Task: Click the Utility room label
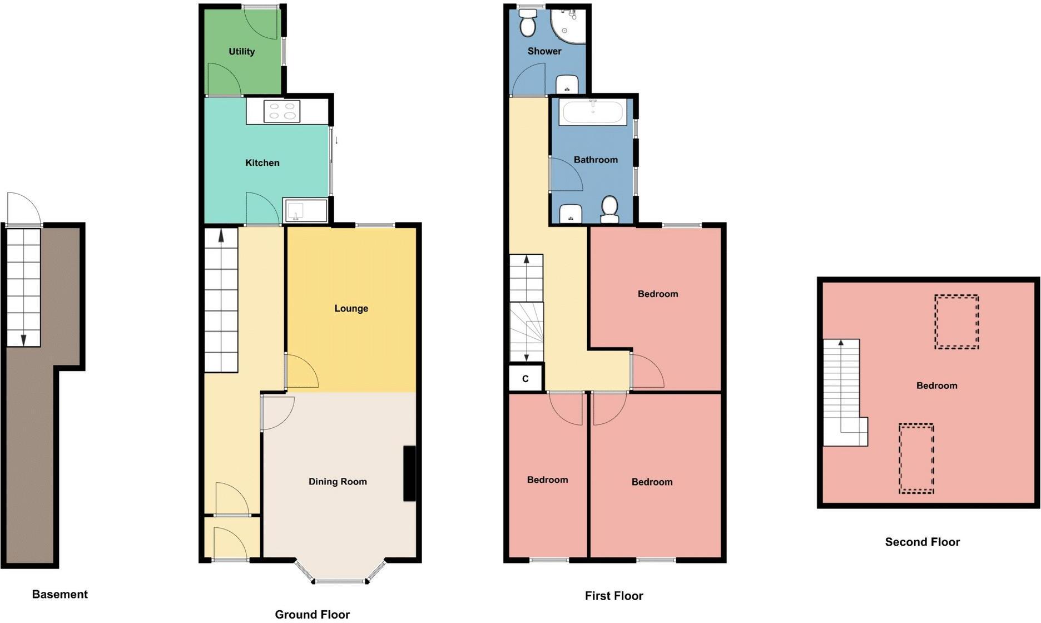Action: point(241,52)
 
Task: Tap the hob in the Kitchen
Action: point(282,111)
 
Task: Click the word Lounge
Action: point(351,309)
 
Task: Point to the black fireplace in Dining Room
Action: point(409,473)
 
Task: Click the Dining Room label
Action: point(338,482)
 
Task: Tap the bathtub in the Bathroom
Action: point(593,112)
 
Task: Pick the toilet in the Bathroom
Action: point(610,208)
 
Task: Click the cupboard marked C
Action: point(526,379)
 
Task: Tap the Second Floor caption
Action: point(922,542)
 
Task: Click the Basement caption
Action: point(60,594)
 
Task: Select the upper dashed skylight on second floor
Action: point(956,322)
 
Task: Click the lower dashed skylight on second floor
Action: point(916,458)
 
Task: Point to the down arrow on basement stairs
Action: point(23,338)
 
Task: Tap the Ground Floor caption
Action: point(312,614)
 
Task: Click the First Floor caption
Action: point(613,596)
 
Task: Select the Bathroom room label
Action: point(596,160)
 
